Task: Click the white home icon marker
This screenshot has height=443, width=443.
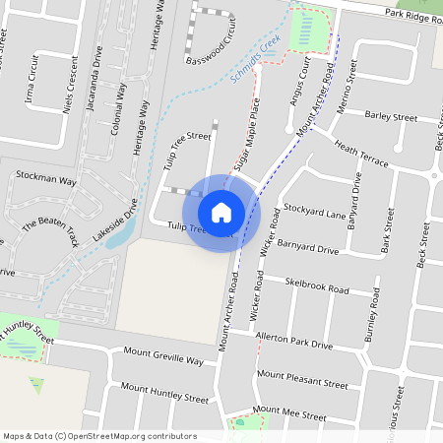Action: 221,212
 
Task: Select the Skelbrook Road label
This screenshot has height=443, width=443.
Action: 316,285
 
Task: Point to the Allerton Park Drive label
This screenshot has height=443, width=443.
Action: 293,342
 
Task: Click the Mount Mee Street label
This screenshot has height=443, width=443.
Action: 288,413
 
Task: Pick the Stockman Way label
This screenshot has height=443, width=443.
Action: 46,181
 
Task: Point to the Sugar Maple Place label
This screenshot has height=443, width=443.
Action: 245,131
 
